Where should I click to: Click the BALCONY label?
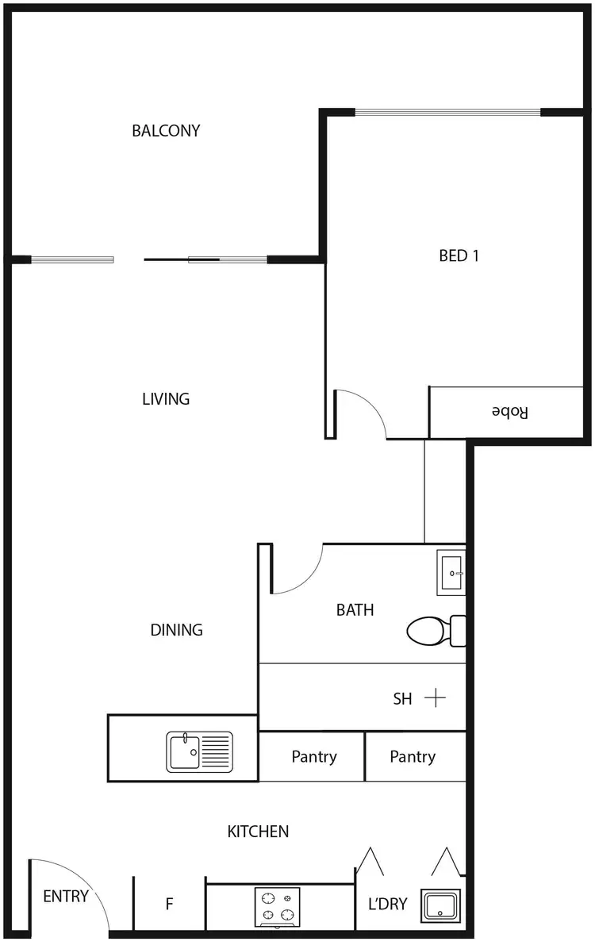[166, 131]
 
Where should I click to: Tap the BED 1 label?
[459, 255]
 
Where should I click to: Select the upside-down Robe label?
[509, 412]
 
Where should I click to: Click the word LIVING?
[166, 399]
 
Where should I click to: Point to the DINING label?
[176, 630]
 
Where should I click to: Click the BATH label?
[355, 610]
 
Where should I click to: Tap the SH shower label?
[403, 699]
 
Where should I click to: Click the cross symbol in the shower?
[436, 698]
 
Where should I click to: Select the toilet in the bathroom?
[432, 631]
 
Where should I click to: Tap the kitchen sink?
[200, 751]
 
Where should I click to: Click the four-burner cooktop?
[277, 906]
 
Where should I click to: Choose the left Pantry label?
[314, 757]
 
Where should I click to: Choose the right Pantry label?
[413, 757]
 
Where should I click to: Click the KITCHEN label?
[258, 832]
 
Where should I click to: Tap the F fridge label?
[169, 904]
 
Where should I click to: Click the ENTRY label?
[66, 897]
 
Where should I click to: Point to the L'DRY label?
[388, 904]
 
